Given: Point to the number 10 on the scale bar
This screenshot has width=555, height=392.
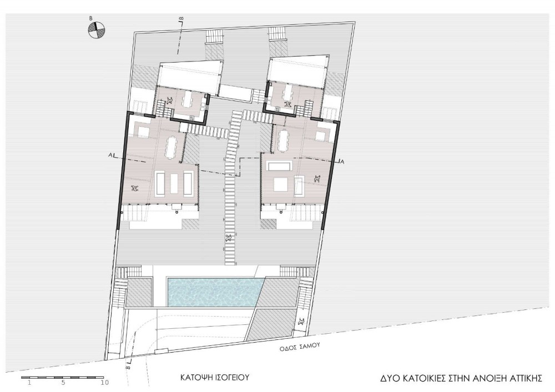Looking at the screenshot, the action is (x=104, y=382).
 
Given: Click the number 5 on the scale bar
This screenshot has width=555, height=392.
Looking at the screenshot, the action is (x=63, y=382).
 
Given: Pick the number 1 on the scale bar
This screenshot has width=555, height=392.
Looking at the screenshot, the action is (x=29, y=382).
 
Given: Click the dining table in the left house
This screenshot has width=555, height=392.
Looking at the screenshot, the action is (x=170, y=147).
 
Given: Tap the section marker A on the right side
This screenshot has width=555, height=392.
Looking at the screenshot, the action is (x=342, y=161).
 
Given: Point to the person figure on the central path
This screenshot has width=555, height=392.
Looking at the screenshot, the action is (x=229, y=237).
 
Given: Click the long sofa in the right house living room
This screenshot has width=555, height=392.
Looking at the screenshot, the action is (x=280, y=166).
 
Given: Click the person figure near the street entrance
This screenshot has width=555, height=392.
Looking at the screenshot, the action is (x=302, y=322).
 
